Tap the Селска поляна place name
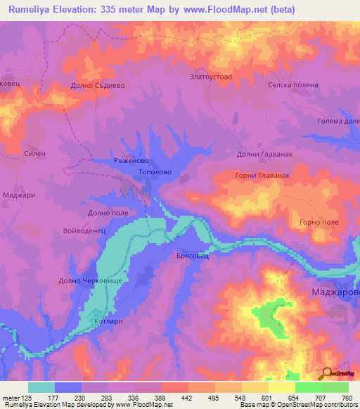click(293, 84)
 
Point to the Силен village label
click(34, 153)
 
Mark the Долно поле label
click(108, 212)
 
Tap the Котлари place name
click(109, 321)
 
